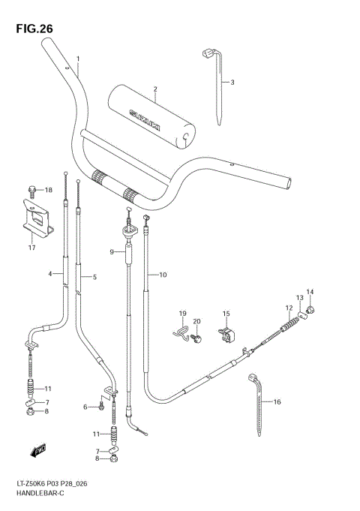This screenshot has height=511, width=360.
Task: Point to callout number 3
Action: click(232, 82)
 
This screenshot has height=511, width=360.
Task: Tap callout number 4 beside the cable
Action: click(50, 274)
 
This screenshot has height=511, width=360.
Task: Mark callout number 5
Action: click(94, 277)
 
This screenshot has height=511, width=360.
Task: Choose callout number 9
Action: click(112, 253)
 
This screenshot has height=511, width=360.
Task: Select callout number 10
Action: click(163, 275)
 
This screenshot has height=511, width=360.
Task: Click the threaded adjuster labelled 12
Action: click(289, 326)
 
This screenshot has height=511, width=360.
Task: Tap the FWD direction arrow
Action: click(34, 451)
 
